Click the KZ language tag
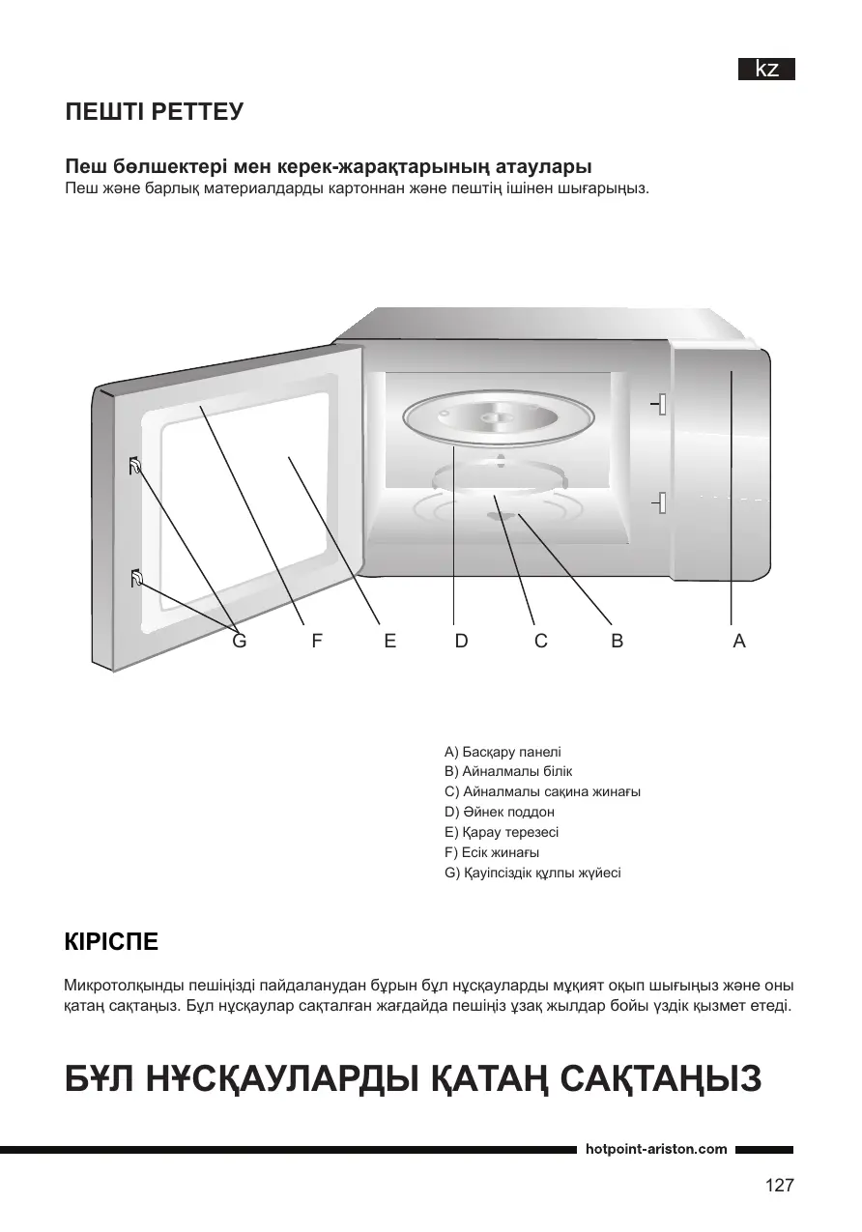[x=767, y=70]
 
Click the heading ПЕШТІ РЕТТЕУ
[x=154, y=112]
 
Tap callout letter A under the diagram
[x=739, y=641]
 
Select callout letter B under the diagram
[x=618, y=641]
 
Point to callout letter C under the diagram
[x=541, y=641]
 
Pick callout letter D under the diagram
[x=461, y=641]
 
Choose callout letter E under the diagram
[x=389, y=641]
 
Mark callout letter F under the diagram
[x=316, y=641]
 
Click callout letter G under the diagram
[x=240, y=641]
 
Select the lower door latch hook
[x=136, y=580]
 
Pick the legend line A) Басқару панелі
[x=503, y=752]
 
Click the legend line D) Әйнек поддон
[x=499, y=813]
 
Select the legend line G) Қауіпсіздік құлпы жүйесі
[x=532, y=874]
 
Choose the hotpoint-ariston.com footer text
[x=656, y=1149]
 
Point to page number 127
[x=779, y=1186]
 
